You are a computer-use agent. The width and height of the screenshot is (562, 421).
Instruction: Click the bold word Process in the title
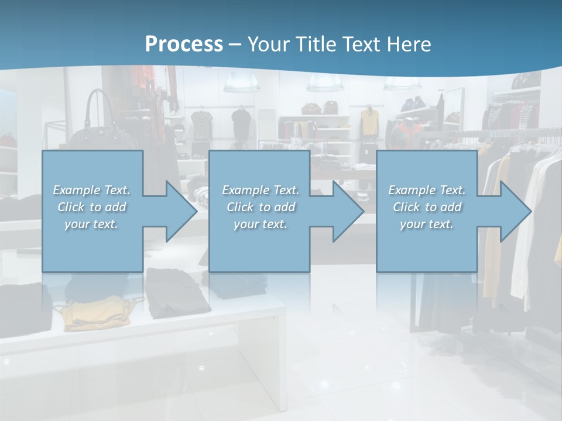pyautogui.click(x=184, y=44)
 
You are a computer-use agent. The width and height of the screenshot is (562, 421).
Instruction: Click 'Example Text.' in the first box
pyautogui.click(x=91, y=190)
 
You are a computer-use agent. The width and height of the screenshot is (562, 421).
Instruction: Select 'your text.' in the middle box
pyautogui.click(x=260, y=224)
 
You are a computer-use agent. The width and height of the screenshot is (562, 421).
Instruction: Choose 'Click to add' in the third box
pyautogui.click(x=427, y=207)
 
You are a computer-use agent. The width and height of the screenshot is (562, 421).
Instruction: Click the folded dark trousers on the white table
pyautogui.click(x=176, y=292)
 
